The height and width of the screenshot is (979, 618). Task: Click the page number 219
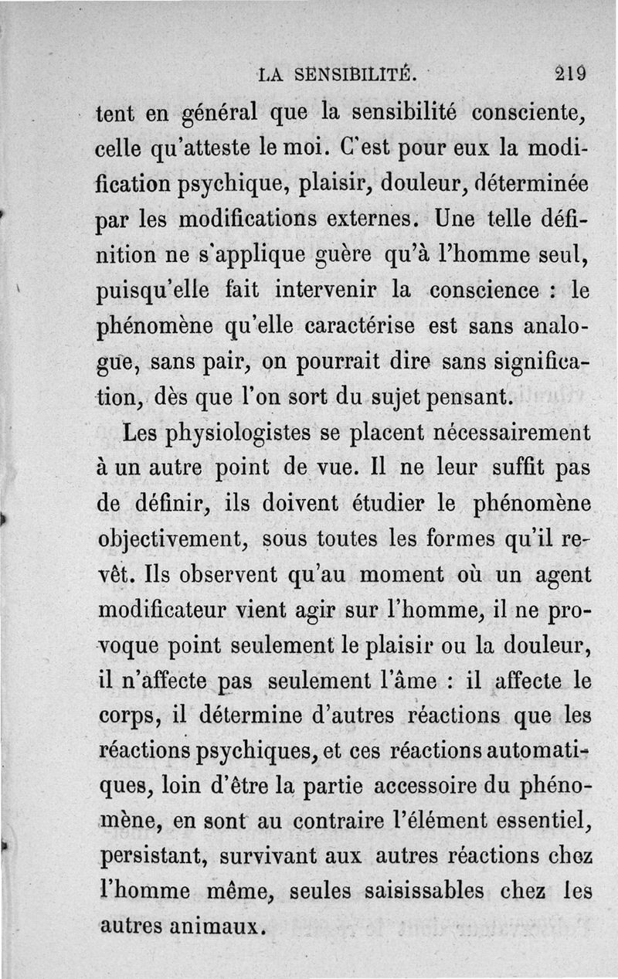pyautogui.click(x=571, y=74)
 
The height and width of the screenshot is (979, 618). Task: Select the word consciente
pyautogui.click(x=531, y=114)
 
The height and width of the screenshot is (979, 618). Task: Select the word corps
pyautogui.click(x=127, y=716)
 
